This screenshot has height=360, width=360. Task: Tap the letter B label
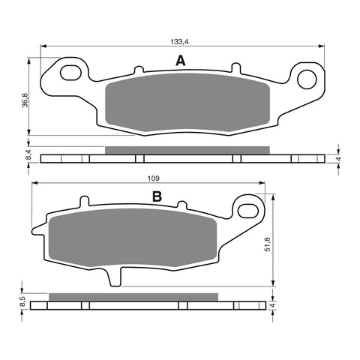pos(157,197)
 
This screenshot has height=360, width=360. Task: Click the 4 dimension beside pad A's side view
pos(339,159)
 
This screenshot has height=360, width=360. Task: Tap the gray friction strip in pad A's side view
pos(186,149)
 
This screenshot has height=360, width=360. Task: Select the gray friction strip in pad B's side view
pos(133,296)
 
